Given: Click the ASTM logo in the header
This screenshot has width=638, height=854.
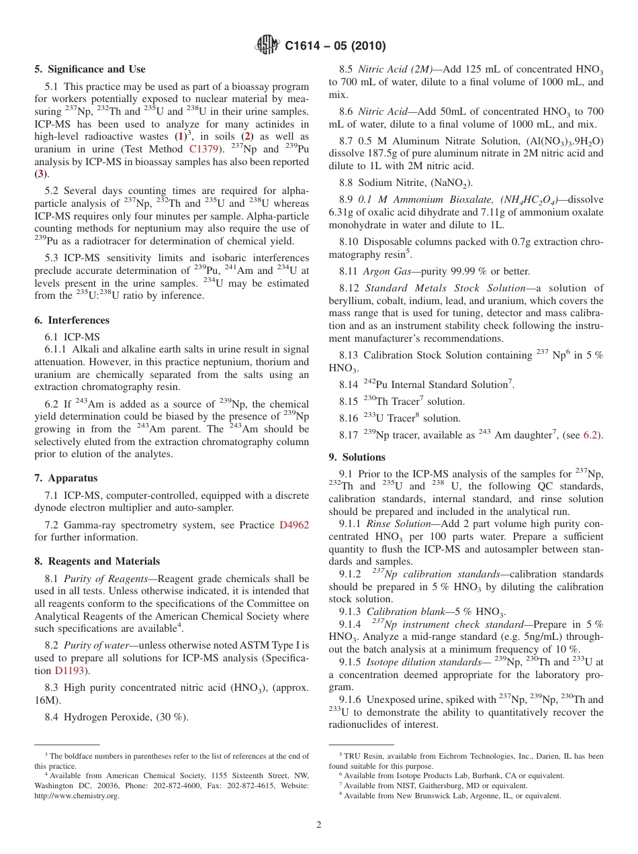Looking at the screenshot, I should pos(268,46).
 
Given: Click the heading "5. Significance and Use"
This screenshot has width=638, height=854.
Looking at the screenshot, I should pos(89,69).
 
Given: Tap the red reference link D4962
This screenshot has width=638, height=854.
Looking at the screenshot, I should pos(293,525).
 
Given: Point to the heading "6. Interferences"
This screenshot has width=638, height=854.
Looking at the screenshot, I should pos(72,320).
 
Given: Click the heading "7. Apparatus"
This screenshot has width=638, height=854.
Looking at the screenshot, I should pos(66,478).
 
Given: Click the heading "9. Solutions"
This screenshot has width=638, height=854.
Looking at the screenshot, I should pos(357,457).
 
